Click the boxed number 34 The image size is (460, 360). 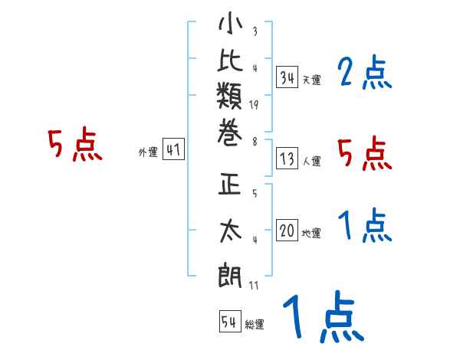pos(287,77)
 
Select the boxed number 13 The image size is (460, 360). pos(287,159)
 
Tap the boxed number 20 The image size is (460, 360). pos(287,231)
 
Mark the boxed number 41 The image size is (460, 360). pos(173,150)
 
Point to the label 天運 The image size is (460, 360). pos(312,80)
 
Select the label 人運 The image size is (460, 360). pos(312,162)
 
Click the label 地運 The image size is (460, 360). pos(312,233)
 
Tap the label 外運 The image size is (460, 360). pos(148,152)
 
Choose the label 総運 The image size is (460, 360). pos(255,325)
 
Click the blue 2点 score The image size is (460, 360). pos(365,74)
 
